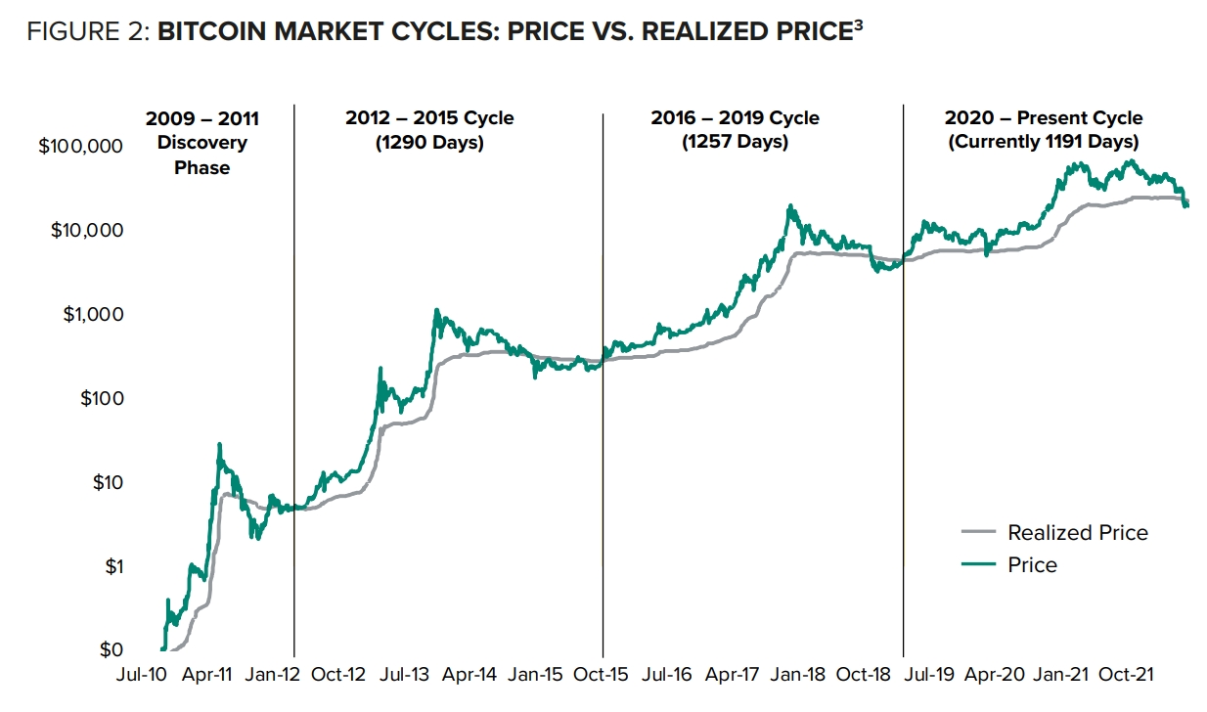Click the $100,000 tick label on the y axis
pyautogui.click(x=80, y=147)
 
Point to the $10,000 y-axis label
pyautogui.click(x=85, y=231)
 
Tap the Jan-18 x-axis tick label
pyautogui.click(x=797, y=675)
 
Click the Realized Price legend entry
pyautogui.click(x=1077, y=533)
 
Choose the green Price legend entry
pyautogui.click(x=1032, y=565)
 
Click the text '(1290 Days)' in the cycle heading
pyautogui.click(x=429, y=143)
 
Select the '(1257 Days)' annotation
pyautogui.click(x=735, y=143)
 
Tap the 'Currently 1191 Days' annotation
pyautogui.click(x=1044, y=143)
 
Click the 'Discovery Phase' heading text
pyautogui.click(x=202, y=156)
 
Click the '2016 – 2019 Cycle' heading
pyautogui.click(x=735, y=118)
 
